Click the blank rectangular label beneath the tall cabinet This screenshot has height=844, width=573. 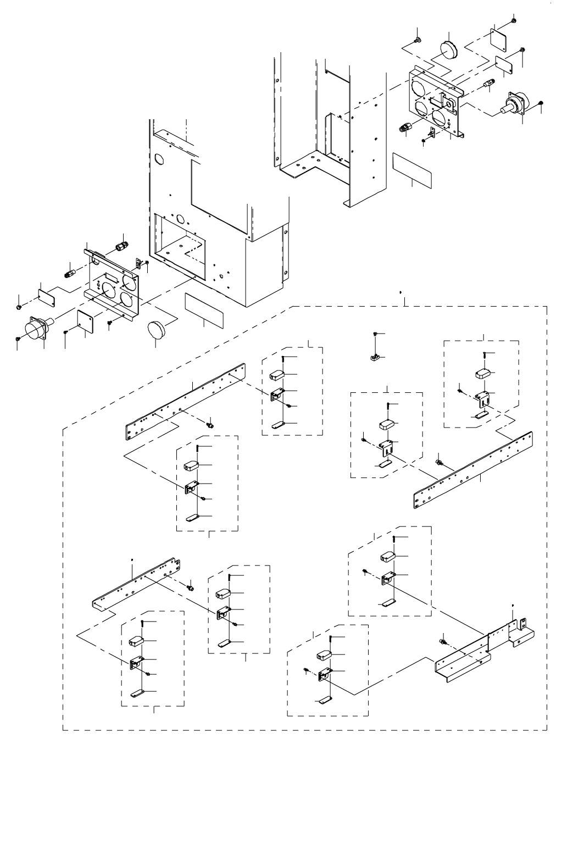coord(204,309)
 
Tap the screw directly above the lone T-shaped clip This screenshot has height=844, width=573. coord(374,334)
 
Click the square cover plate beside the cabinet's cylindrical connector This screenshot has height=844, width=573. coord(85,320)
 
